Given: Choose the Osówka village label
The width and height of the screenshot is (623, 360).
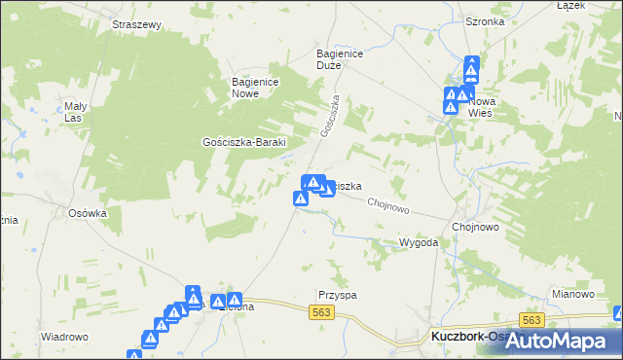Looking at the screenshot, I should pyautogui.click(x=87, y=213).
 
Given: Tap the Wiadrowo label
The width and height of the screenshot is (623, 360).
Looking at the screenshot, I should pyautogui.click(x=65, y=337).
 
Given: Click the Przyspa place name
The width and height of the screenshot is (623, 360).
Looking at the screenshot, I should pyautogui.click(x=337, y=293).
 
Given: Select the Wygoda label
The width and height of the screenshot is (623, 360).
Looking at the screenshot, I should pyautogui.click(x=419, y=241).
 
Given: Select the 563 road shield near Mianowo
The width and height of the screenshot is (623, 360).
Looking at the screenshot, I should pyautogui.click(x=531, y=320).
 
